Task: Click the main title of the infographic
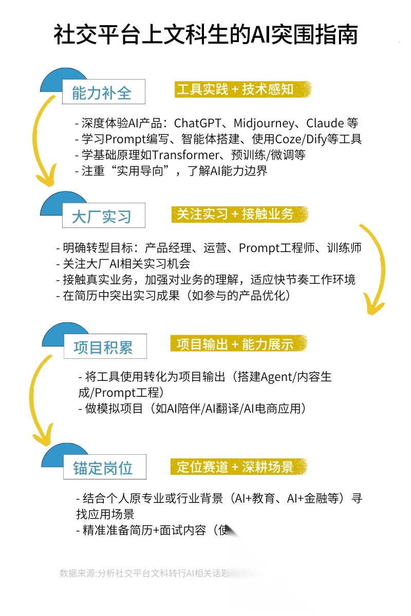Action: [206, 35]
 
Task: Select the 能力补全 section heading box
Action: [103, 92]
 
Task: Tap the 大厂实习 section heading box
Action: [103, 216]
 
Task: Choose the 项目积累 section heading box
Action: [105, 347]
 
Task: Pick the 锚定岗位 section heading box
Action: [104, 467]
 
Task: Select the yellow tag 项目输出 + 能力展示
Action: [239, 344]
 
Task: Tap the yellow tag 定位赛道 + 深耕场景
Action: [239, 466]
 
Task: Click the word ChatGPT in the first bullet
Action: [198, 123]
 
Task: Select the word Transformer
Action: [178, 155]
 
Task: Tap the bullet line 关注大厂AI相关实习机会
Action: [123, 264]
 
